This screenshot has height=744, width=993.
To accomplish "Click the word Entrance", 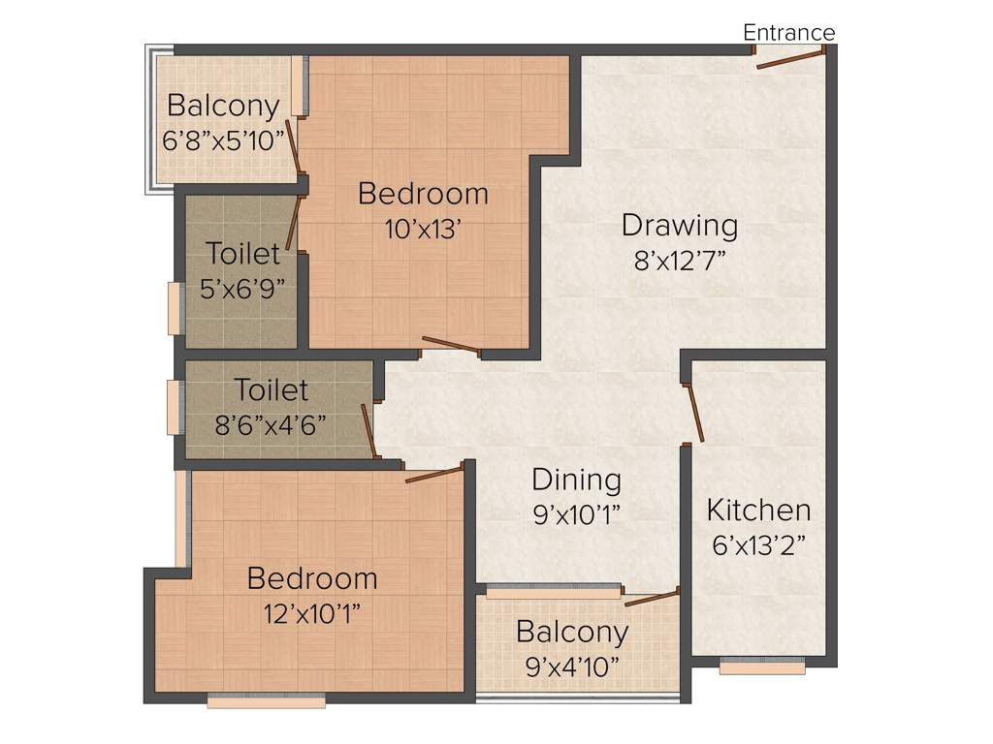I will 788,33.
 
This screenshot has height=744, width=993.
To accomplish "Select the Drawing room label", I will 679,226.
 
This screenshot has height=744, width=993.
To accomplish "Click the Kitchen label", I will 758,510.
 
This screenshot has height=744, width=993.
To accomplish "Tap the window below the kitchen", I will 762,666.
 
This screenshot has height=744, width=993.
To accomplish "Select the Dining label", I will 576,480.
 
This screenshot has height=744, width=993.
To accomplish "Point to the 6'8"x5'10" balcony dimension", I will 224,139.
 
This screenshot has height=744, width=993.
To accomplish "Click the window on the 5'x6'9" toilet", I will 176,308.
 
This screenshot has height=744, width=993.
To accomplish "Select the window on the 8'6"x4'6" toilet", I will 176,407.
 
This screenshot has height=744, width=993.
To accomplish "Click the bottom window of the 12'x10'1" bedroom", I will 267,700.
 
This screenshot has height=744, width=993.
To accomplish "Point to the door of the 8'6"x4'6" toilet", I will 368,430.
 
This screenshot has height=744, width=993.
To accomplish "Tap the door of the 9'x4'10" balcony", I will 652,597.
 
